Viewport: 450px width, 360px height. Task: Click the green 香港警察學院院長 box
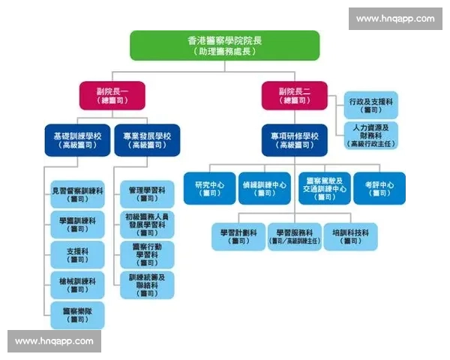[x=224, y=45]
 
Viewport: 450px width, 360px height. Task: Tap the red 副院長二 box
[x=294, y=95]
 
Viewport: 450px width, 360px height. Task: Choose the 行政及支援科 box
[x=370, y=104]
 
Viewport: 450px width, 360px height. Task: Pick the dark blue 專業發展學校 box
[x=147, y=140]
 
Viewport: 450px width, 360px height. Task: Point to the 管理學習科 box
[x=147, y=194]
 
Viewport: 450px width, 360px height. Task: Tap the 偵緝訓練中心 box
[x=265, y=188]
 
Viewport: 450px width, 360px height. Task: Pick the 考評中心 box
[x=379, y=188]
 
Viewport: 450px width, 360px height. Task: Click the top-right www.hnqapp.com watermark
[x=394, y=19]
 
